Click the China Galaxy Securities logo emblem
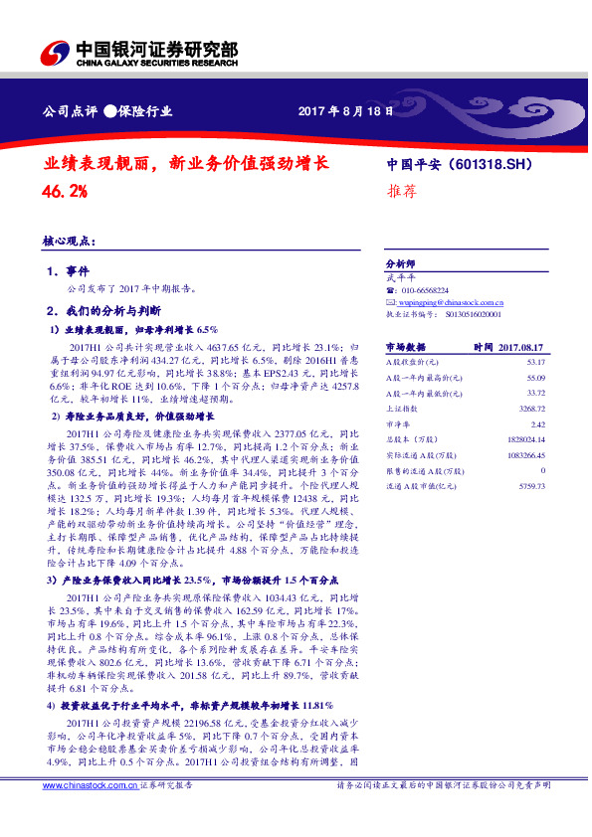click(x=54, y=52)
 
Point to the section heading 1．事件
click(x=68, y=271)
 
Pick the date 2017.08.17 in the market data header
click(x=522, y=346)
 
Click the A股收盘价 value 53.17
click(x=534, y=362)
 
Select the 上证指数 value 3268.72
click(x=530, y=409)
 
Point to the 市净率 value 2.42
click(x=537, y=424)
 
